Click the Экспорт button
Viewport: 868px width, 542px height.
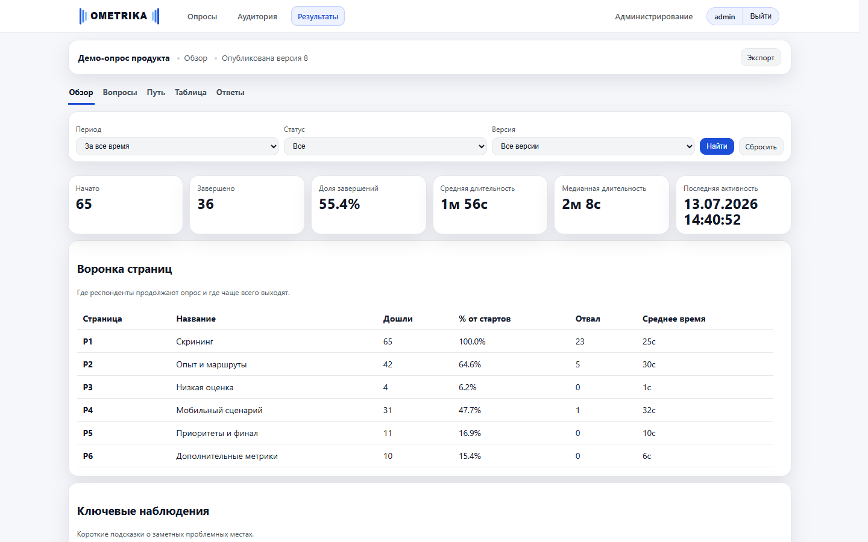[x=760, y=58]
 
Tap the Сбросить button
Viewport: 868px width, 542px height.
[x=761, y=147]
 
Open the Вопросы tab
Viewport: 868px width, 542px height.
[x=120, y=93]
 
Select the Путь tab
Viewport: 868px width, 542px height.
[x=156, y=93]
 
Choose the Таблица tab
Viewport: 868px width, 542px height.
[x=190, y=93]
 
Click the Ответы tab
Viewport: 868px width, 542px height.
[x=230, y=93]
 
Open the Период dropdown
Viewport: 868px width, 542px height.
[x=177, y=146]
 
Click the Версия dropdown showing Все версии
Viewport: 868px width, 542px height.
[x=593, y=146]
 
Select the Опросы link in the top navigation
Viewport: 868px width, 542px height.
[x=202, y=17]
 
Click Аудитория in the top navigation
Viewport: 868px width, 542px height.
[x=257, y=17]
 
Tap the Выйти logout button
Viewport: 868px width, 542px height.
[x=760, y=16]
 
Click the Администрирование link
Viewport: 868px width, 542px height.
[x=653, y=17]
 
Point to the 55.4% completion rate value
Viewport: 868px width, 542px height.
[x=339, y=204]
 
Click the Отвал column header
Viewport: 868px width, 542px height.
[x=588, y=319]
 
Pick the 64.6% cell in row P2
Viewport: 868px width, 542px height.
[x=470, y=364]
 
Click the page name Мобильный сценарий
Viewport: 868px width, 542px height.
[x=219, y=410]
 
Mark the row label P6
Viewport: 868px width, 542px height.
[x=87, y=456]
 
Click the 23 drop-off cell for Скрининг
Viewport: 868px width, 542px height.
[x=580, y=341]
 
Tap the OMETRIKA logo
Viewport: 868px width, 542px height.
[x=119, y=16]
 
